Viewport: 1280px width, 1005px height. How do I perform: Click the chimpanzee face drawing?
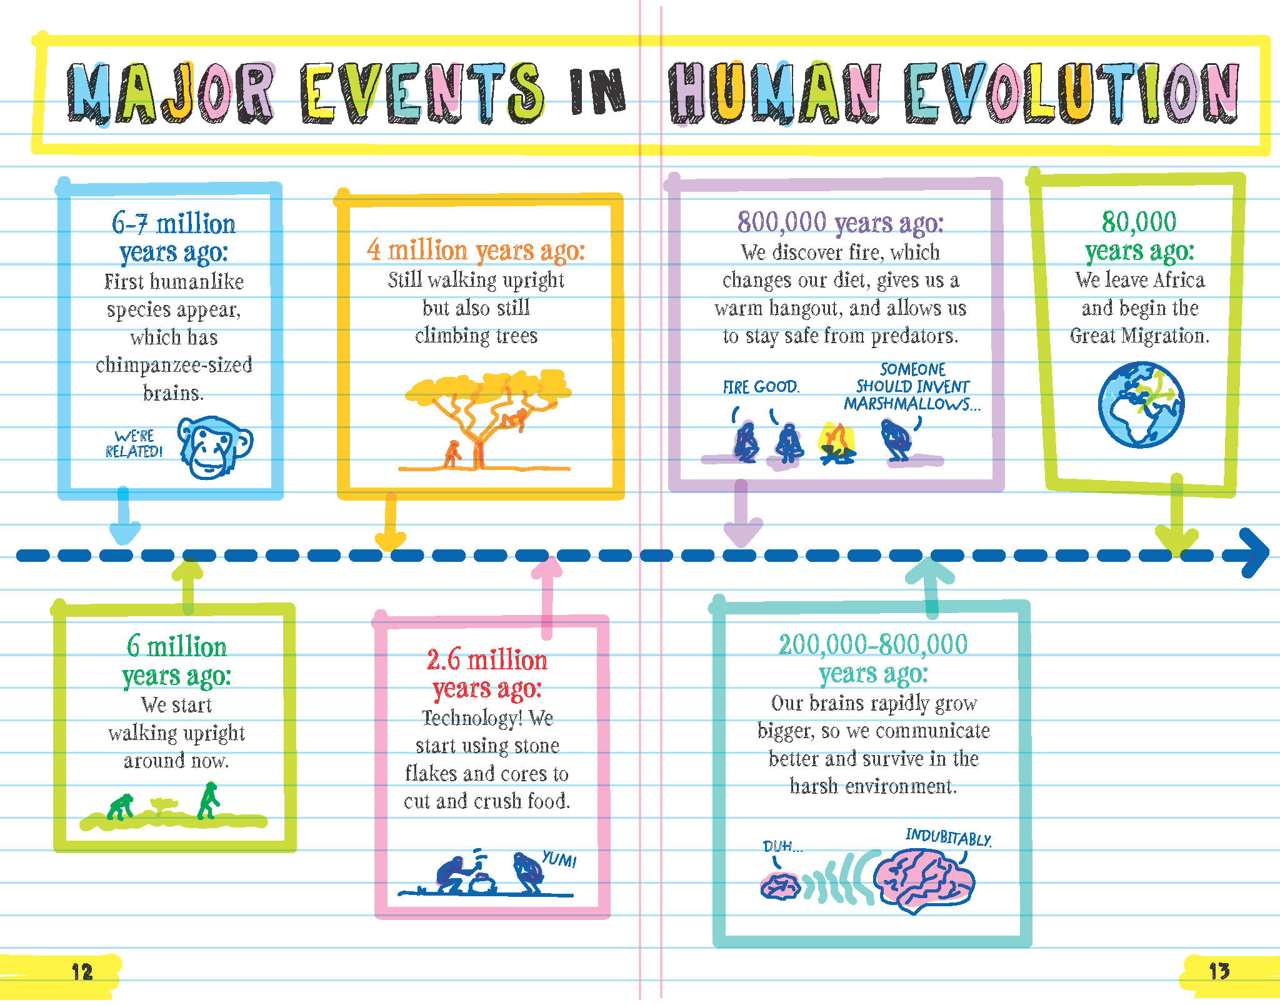pos(215,448)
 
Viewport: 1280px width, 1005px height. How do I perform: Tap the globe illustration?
pos(1141,405)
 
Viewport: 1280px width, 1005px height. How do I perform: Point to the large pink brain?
pos(924,879)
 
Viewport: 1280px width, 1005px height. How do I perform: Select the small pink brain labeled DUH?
pos(780,886)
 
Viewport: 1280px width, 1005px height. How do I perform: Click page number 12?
pos(82,972)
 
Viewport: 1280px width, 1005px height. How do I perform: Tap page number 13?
pos(1219,971)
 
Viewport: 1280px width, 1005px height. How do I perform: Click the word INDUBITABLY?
pos(948,837)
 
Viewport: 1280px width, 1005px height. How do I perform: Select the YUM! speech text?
pos(559,859)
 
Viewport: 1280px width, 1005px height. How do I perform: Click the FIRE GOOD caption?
pos(761,387)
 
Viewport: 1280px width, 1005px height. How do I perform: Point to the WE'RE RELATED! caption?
pos(134,444)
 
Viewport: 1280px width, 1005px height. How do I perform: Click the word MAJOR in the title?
pos(170,92)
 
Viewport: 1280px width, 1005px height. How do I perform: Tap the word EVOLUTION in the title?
pos(1071,92)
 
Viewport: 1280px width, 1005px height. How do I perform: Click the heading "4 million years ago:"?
pos(476,250)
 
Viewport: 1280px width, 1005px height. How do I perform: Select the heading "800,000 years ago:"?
pos(840,222)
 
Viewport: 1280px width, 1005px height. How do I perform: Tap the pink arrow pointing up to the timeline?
pos(547,597)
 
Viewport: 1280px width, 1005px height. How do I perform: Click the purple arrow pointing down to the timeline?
pos(742,512)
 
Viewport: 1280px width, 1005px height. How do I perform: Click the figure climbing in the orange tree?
pos(516,417)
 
